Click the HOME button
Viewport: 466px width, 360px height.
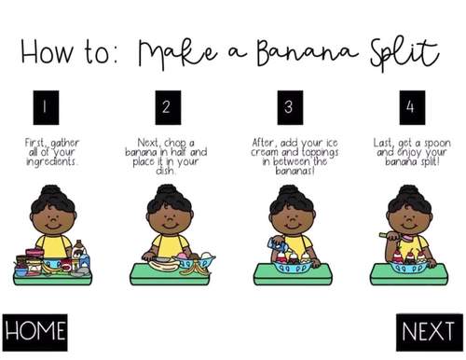click(35, 330)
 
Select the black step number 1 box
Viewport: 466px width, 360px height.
click(44, 105)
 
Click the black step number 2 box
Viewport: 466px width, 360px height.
click(166, 105)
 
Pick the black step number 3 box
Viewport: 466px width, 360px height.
click(288, 105)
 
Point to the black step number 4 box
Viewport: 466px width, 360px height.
click(410, 105)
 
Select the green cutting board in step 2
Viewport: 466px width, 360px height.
click(168, 273)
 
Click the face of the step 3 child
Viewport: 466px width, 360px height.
click(288, 224)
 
